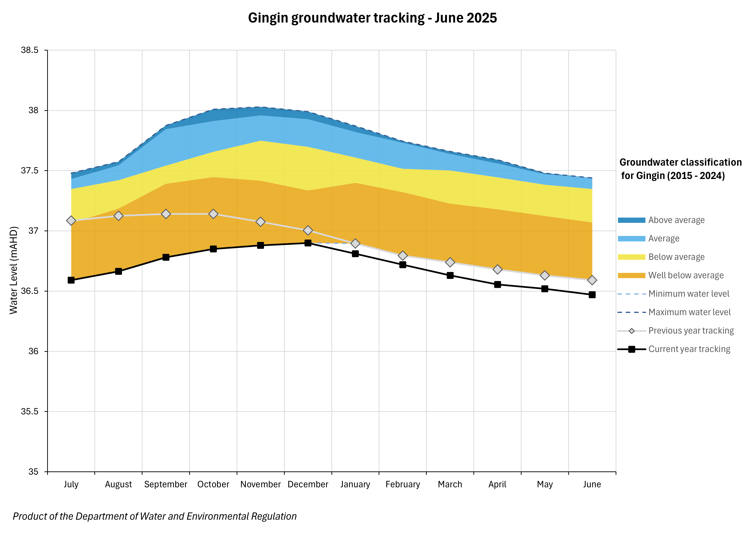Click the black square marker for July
(71, 280)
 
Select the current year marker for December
(308, 243)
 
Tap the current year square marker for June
(592, 295)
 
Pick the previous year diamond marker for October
(213, 214)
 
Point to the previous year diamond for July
(71, 220)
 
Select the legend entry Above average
(676, 220)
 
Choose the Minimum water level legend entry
(689, 294)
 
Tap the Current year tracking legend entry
(689, 349)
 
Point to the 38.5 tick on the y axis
(30, 50)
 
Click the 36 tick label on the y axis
(33, 351)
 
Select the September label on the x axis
(166, 484)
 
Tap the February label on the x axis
(403, 484)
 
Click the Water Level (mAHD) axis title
(14, 270)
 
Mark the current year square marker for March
(450, 276)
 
